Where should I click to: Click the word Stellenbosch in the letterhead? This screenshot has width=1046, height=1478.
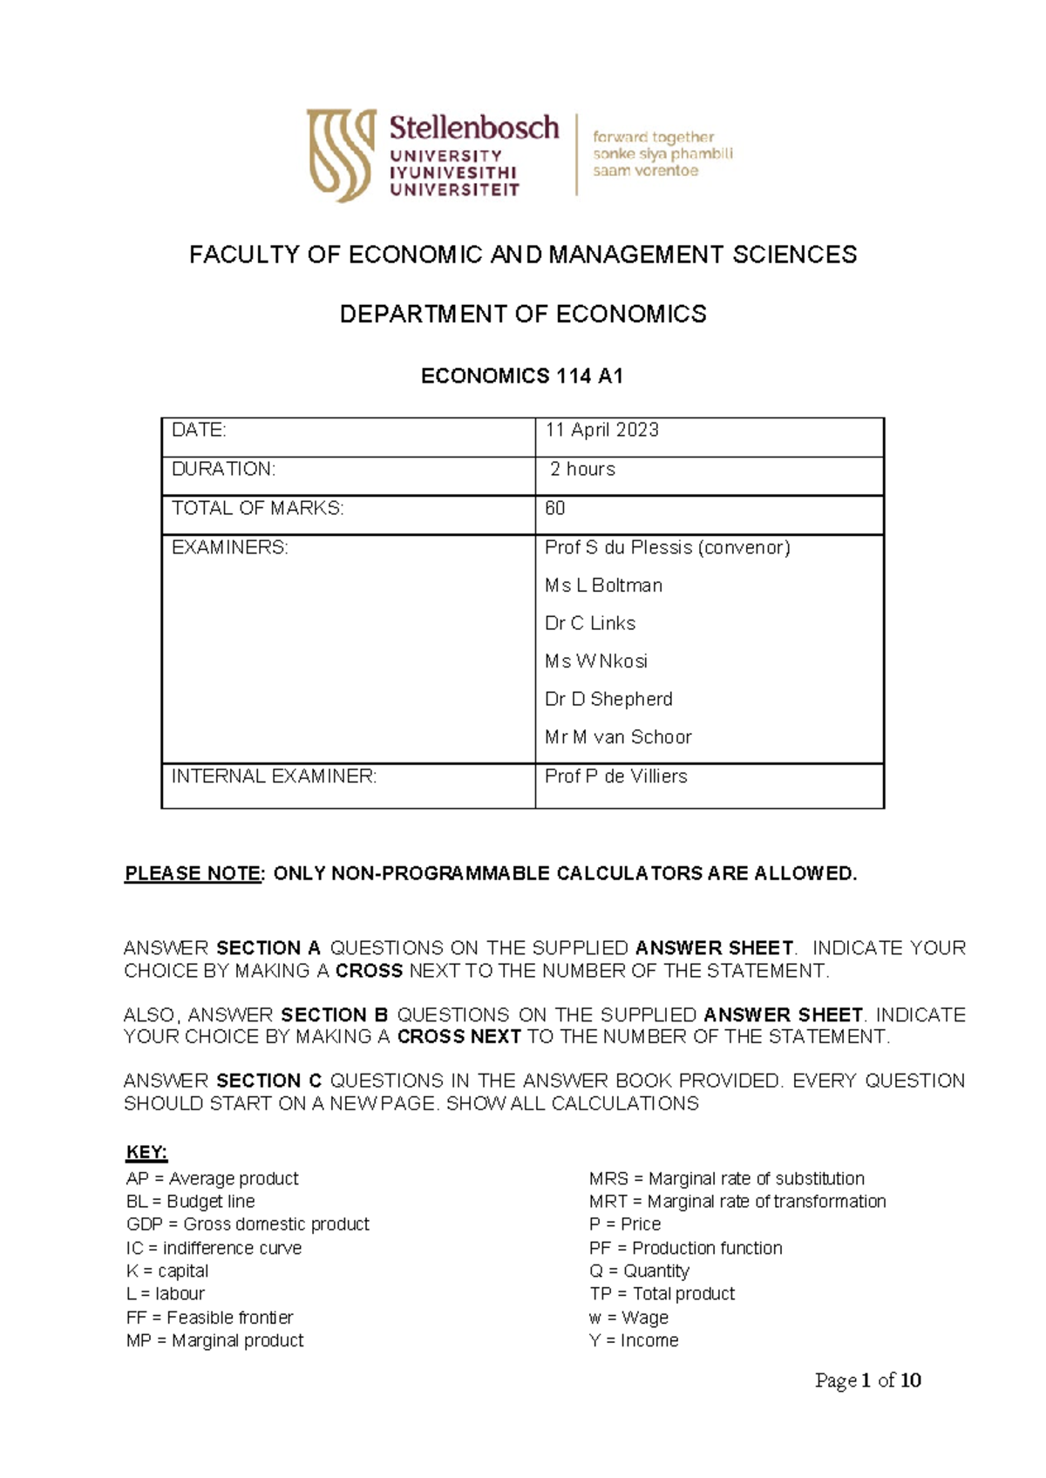click(473, 128)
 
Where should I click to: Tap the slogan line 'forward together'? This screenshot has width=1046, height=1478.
click(653, 137)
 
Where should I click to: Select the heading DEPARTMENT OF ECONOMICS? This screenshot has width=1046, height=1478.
click(523, 315)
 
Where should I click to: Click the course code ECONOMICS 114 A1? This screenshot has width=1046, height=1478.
click(521, 376)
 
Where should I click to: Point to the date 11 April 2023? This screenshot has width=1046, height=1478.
click(601, 431)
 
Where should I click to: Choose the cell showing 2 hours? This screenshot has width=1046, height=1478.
click(582, 470)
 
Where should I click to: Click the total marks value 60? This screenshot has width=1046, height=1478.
click(555, 509)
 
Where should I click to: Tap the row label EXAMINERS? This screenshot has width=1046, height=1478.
click(229, 548)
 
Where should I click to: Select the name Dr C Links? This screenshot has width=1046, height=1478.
click(590, 624)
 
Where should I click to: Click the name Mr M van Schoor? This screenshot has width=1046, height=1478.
click(618, 737)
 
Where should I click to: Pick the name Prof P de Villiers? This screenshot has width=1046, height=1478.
click(615, 776)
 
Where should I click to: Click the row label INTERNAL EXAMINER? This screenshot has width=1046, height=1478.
click(274, 776)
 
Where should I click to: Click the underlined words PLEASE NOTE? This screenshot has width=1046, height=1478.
click(193, 874)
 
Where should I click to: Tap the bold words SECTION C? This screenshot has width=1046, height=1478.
click(268, 1081)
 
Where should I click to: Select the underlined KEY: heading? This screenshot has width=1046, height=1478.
click(146, 1153)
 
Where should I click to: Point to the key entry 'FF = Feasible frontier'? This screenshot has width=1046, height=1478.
click(209, 1318)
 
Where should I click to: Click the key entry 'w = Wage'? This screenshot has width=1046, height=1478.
click(628, 1318)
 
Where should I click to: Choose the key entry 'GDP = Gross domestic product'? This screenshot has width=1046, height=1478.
click(248, 1224)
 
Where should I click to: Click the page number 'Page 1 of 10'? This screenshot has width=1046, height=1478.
click(867, 1380)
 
